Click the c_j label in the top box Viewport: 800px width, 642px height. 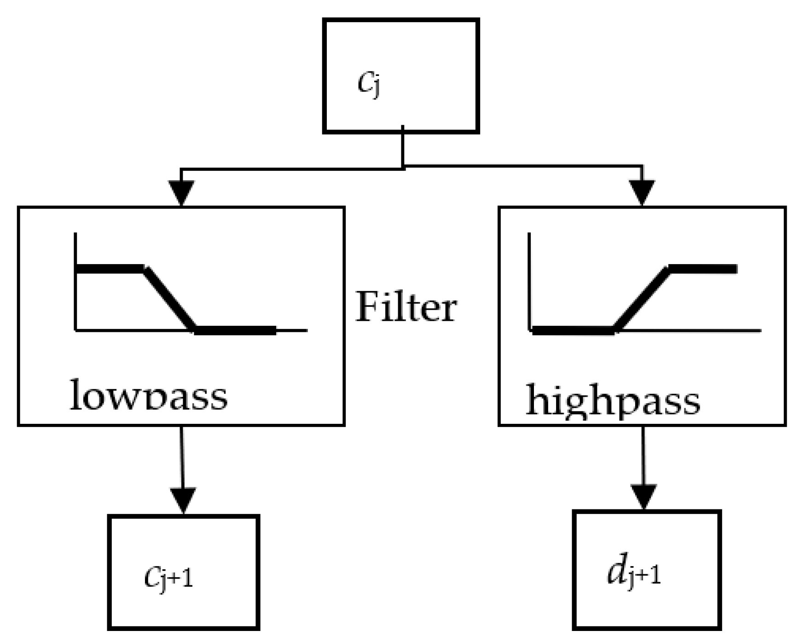pos(369,83)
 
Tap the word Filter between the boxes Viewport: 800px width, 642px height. pos(406,307)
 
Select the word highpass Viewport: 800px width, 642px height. pos(613,400)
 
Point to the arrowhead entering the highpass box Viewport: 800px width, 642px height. pos(642,192)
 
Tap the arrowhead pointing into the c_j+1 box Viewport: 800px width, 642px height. pos(183,499)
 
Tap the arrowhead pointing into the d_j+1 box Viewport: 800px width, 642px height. pos(643,496)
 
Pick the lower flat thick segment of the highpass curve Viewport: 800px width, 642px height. pos(573,330)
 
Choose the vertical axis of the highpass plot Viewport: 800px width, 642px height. pos(529,281)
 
